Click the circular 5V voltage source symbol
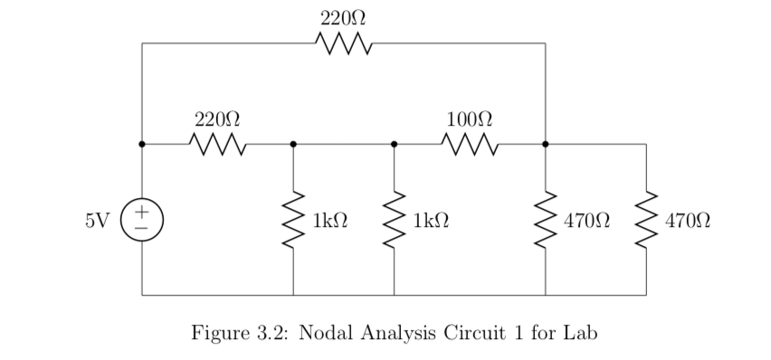142,220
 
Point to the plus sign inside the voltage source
142,212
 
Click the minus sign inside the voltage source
142,229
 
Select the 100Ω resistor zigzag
469,144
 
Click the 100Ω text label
469,118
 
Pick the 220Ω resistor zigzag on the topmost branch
343,43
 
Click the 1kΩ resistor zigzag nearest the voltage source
293,220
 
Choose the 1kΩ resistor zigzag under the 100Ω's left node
394,220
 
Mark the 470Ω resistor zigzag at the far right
646,220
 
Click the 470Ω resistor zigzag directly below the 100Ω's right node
545,220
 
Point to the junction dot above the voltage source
142,144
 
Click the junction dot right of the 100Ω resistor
545,144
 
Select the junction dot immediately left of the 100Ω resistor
394,144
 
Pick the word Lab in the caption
579,332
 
